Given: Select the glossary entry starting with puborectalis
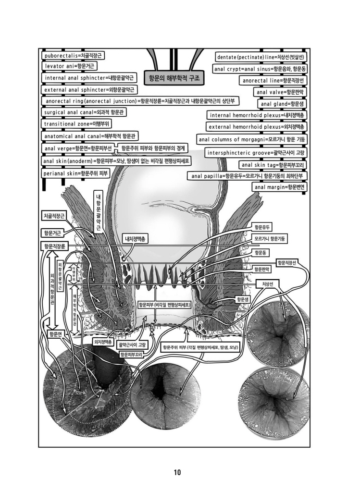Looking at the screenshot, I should tap(74, 55).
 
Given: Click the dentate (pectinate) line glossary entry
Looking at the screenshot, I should tap(262, 58).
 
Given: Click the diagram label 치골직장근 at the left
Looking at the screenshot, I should tap(54, 217).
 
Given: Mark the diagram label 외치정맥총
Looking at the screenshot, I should tap(102, 342).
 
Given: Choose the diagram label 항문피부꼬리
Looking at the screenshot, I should tap(133, 354).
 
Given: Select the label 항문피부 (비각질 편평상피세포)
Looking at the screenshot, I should tap(165, 305).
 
